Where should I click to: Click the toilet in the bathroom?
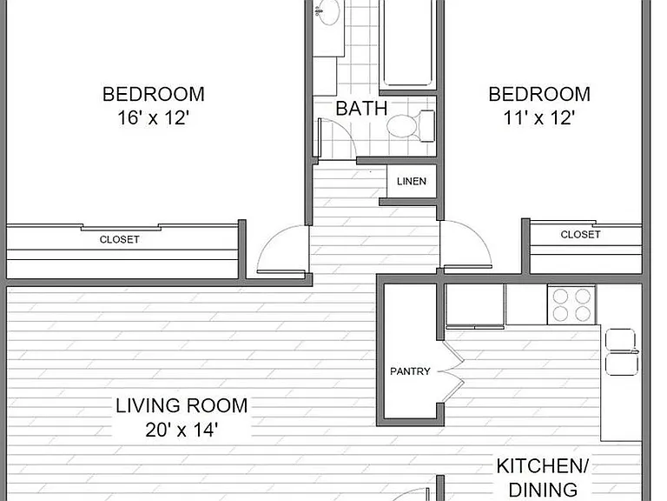411,125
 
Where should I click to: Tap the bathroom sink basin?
327,11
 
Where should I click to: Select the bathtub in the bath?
407,43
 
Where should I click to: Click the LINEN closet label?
412,182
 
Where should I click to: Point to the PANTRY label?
410,371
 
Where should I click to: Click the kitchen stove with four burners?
571,304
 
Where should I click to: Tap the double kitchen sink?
621,352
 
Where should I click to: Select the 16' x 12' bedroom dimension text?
153,118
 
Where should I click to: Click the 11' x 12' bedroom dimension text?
539,118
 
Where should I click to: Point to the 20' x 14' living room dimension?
182,430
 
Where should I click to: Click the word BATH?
361,109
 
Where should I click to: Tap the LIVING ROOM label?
182,405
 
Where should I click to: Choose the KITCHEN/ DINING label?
543,478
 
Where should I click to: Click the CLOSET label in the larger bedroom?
120,239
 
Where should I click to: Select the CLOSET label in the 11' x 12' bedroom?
580,234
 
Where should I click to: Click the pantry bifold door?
452,371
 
